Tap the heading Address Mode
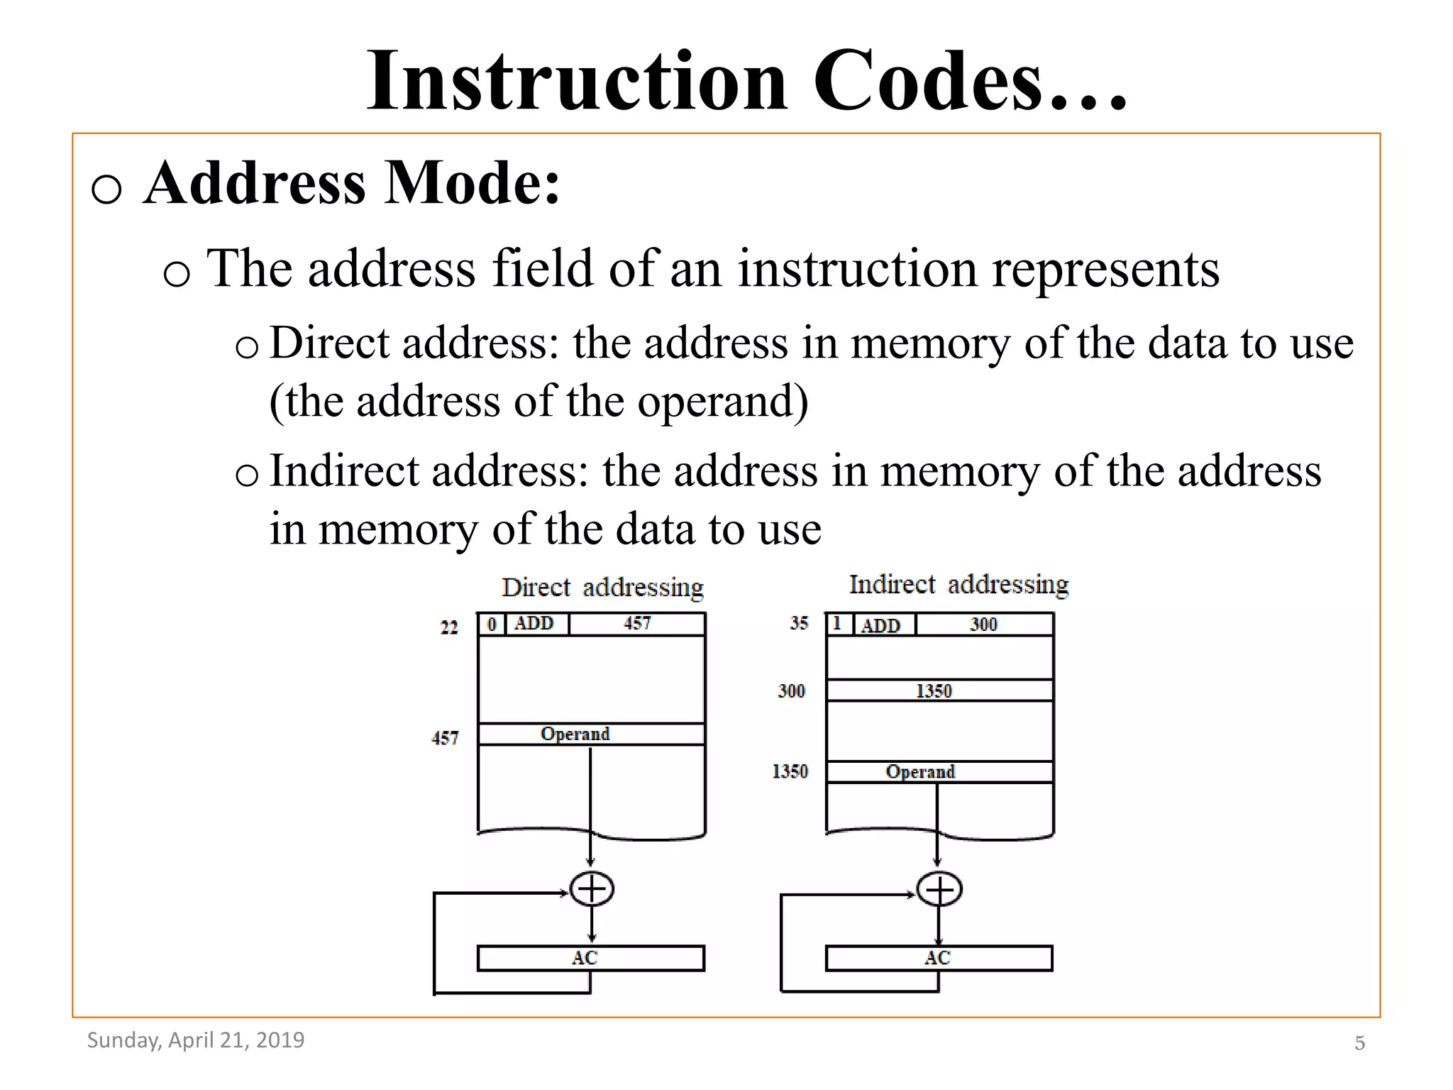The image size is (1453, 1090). [x=352, y=183]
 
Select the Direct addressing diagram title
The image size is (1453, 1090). [x=602, y=588]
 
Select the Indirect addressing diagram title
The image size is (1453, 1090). [x=958, y=585]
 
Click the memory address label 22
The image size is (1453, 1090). [x=449, y=627]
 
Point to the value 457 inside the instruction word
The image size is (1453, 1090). [x=636, y=624]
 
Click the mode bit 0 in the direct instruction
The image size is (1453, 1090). [x=491, y=624]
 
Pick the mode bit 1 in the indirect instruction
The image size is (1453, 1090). [x=837, y=624]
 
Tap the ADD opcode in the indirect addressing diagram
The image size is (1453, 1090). [x=880, y=625]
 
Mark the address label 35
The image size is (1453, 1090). [x=799, y=623]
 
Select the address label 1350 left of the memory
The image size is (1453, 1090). [x=790, y=771]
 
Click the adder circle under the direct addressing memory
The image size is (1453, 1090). [x=592, y=889]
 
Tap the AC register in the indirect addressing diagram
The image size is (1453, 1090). [x=938, y=958]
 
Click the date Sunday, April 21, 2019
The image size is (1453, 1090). [x=196, y=1040]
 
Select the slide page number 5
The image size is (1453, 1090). [x=1359, y=1043]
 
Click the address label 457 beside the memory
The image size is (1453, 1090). [x=445, y=738]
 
